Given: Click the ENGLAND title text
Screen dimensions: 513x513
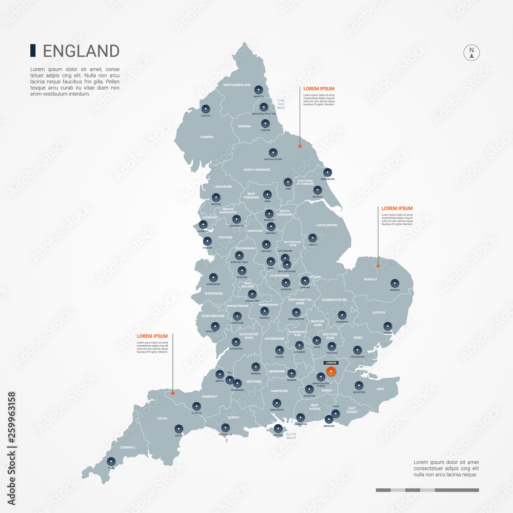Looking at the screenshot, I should (x=81, y=51).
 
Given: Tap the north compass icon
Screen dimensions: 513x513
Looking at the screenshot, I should (x=471, y=53).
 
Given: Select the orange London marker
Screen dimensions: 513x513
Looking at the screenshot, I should (x=331, y=372).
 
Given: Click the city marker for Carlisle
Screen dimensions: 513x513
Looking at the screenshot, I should (x=206, y=109).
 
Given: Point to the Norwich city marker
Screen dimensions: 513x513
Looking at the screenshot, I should (x=394, y=283).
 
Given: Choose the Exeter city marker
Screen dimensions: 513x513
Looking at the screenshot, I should (x=179, y=428).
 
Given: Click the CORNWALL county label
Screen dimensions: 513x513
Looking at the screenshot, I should (x=127, y=447).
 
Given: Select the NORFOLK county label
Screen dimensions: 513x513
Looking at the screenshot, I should (x=370, y=280).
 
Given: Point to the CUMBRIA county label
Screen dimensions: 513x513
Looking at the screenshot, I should (x=207, y=137).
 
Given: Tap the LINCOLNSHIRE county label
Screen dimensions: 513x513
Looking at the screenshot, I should (x=327, y=225).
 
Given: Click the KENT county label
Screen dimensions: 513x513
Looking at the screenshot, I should (x=381, y=389).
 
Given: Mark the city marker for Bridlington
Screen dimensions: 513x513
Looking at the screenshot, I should (x=327, y=172).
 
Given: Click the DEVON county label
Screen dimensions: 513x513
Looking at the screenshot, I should (x=162, y=419).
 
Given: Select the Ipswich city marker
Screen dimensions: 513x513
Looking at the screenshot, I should (x=387, y=326).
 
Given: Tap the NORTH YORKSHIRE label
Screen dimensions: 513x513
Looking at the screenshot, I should (x=256, y=170).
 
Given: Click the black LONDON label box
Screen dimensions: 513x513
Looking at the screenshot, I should (x=331, y=363).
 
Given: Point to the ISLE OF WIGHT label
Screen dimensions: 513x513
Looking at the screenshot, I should (x=291, y=436).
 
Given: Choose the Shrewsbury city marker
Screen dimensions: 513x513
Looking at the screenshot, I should (x=213, y=277).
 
